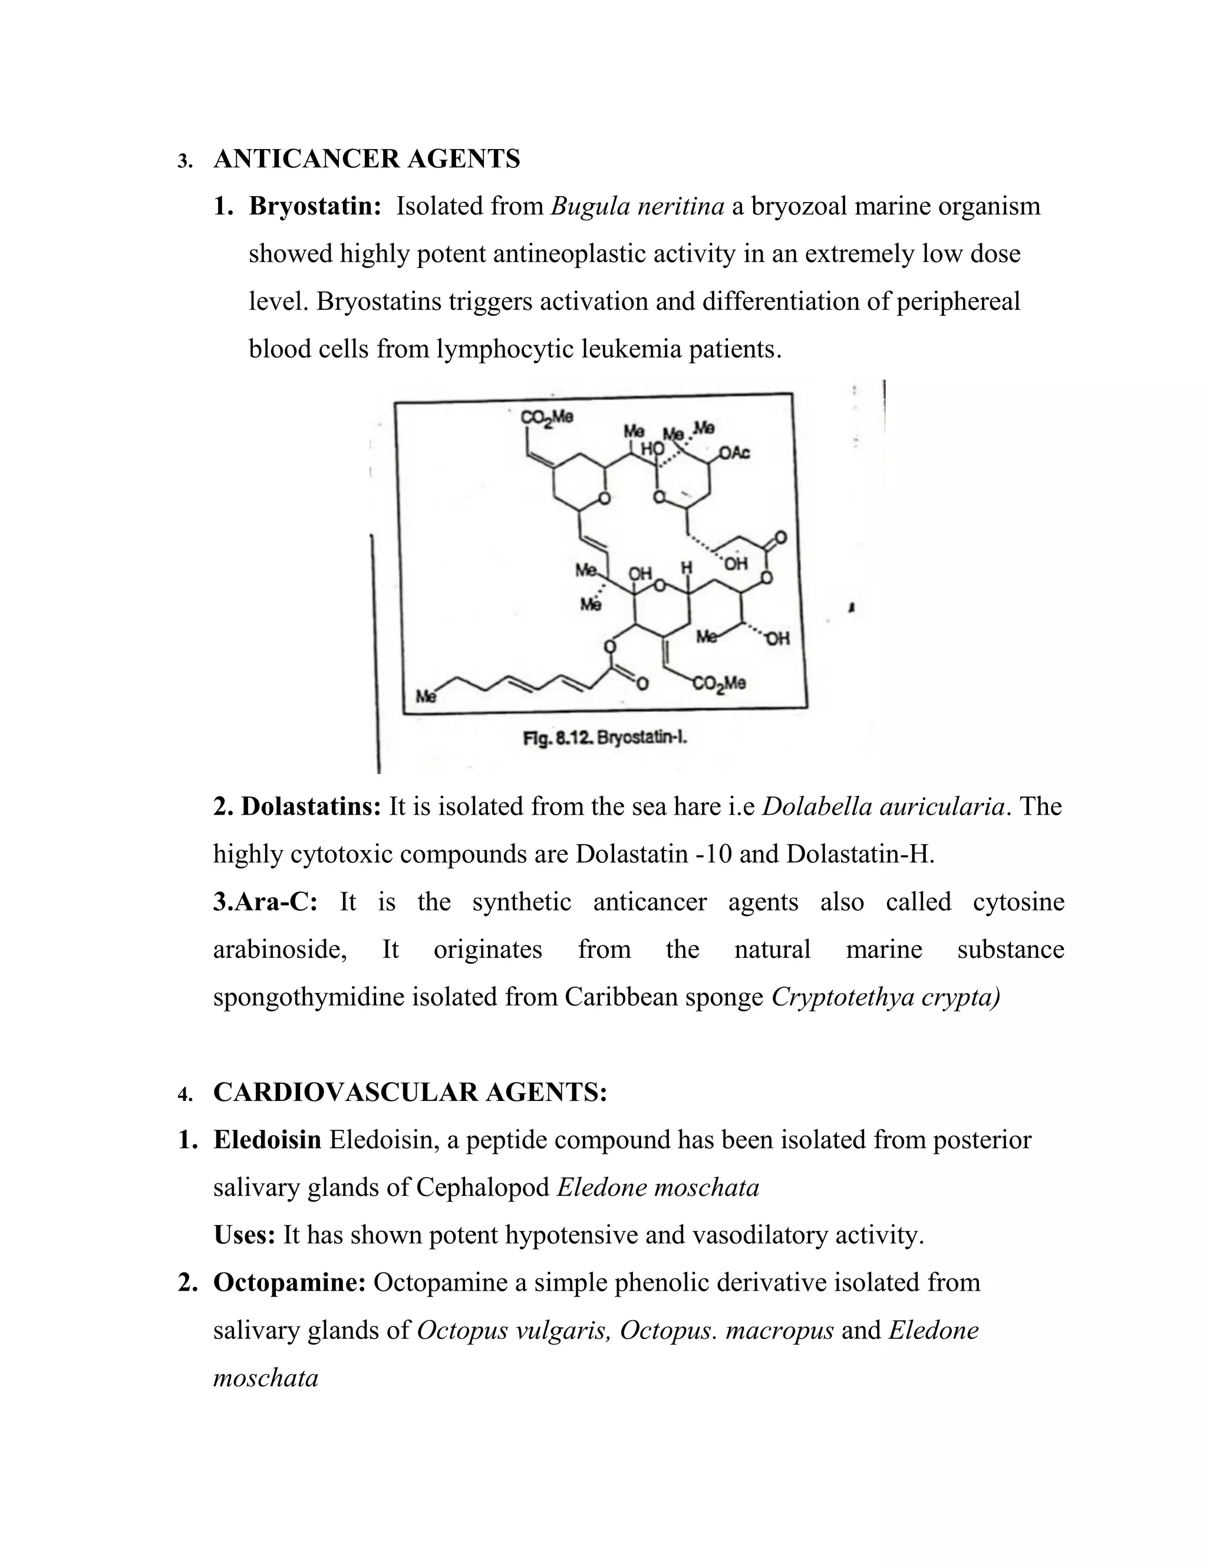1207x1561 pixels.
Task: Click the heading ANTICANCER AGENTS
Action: pyautogui.click(x=366, y=158)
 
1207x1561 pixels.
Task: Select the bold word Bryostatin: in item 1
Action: pyautogui.click(x=315, y=207)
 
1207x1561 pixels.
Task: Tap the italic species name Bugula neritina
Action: pyautogui.click(x=638, y=207)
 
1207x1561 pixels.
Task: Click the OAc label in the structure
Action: pyautogui.click(x=734, y=452)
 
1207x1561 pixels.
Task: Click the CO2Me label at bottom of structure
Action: pyautogui.click(x=718, y=684)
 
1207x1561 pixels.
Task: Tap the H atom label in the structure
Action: pyautogui.click(x=687, y=567)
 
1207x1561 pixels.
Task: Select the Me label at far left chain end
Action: pyautogui.click(x=426, y=696)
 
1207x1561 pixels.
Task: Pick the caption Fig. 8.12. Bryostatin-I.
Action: pyautogui.click(x=605, y=737)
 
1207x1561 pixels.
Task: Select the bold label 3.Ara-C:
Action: pyautogui.click(x=265, y=902)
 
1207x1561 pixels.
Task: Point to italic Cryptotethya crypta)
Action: pyautogui.click(x=885, y=997)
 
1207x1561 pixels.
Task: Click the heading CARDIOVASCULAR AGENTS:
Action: pyautogui.click(x=410, y=1092)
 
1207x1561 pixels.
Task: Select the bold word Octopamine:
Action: pyautogui.click(x=289, y=1283)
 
